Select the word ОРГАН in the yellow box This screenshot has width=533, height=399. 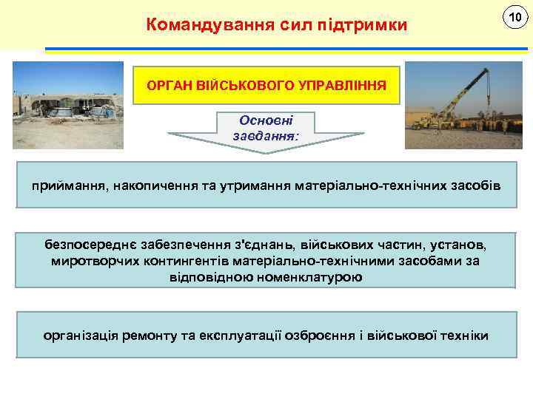point(170,86)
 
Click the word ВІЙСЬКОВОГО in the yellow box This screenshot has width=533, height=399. point(248,86)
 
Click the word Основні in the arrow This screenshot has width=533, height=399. point(266,120)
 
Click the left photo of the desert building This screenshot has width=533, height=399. point(68,105)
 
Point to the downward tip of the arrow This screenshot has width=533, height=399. point(266,151)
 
